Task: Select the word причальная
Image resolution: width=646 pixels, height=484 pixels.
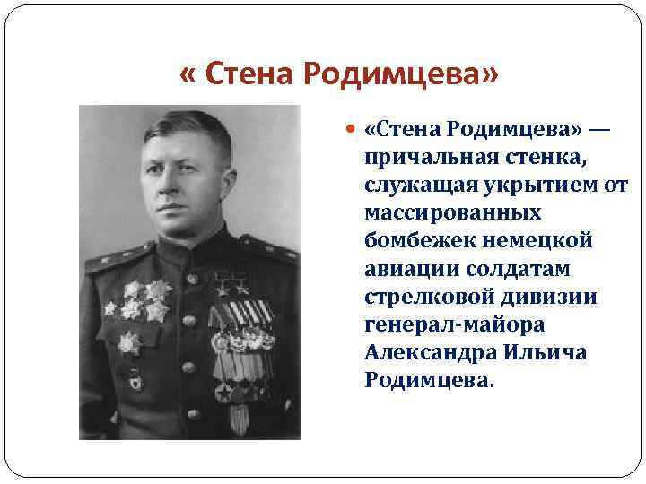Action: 427,159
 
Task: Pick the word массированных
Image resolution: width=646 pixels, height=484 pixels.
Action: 453,214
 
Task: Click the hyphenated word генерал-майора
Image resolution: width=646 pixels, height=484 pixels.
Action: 455,325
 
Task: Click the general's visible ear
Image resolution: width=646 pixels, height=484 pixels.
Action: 228,179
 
